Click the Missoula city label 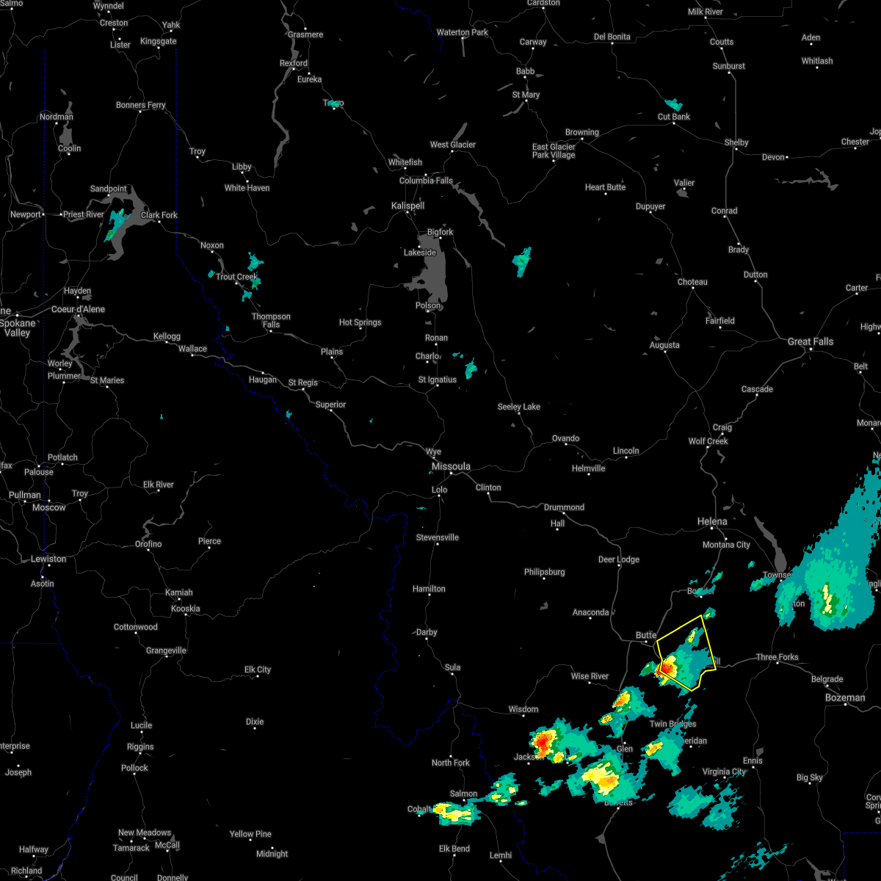tap(451, 467)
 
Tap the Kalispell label tap(407, 206)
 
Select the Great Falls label tap(810, 341)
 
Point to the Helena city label tap(711, 521)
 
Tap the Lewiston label tap(48, 559)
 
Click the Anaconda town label tap(590, 612)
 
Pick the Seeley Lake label tap(518, 407)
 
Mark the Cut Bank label tap(673, 117)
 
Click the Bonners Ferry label tap(140, 105)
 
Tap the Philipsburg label tap(544, 572)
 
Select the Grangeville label tap(166, 650)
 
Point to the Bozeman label tap(845, 697)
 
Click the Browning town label tap(581, 132)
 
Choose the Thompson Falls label tap(271, 320)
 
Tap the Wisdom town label tap(523, 709)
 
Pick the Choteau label tap(692, 282)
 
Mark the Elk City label tap(258, 670)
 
